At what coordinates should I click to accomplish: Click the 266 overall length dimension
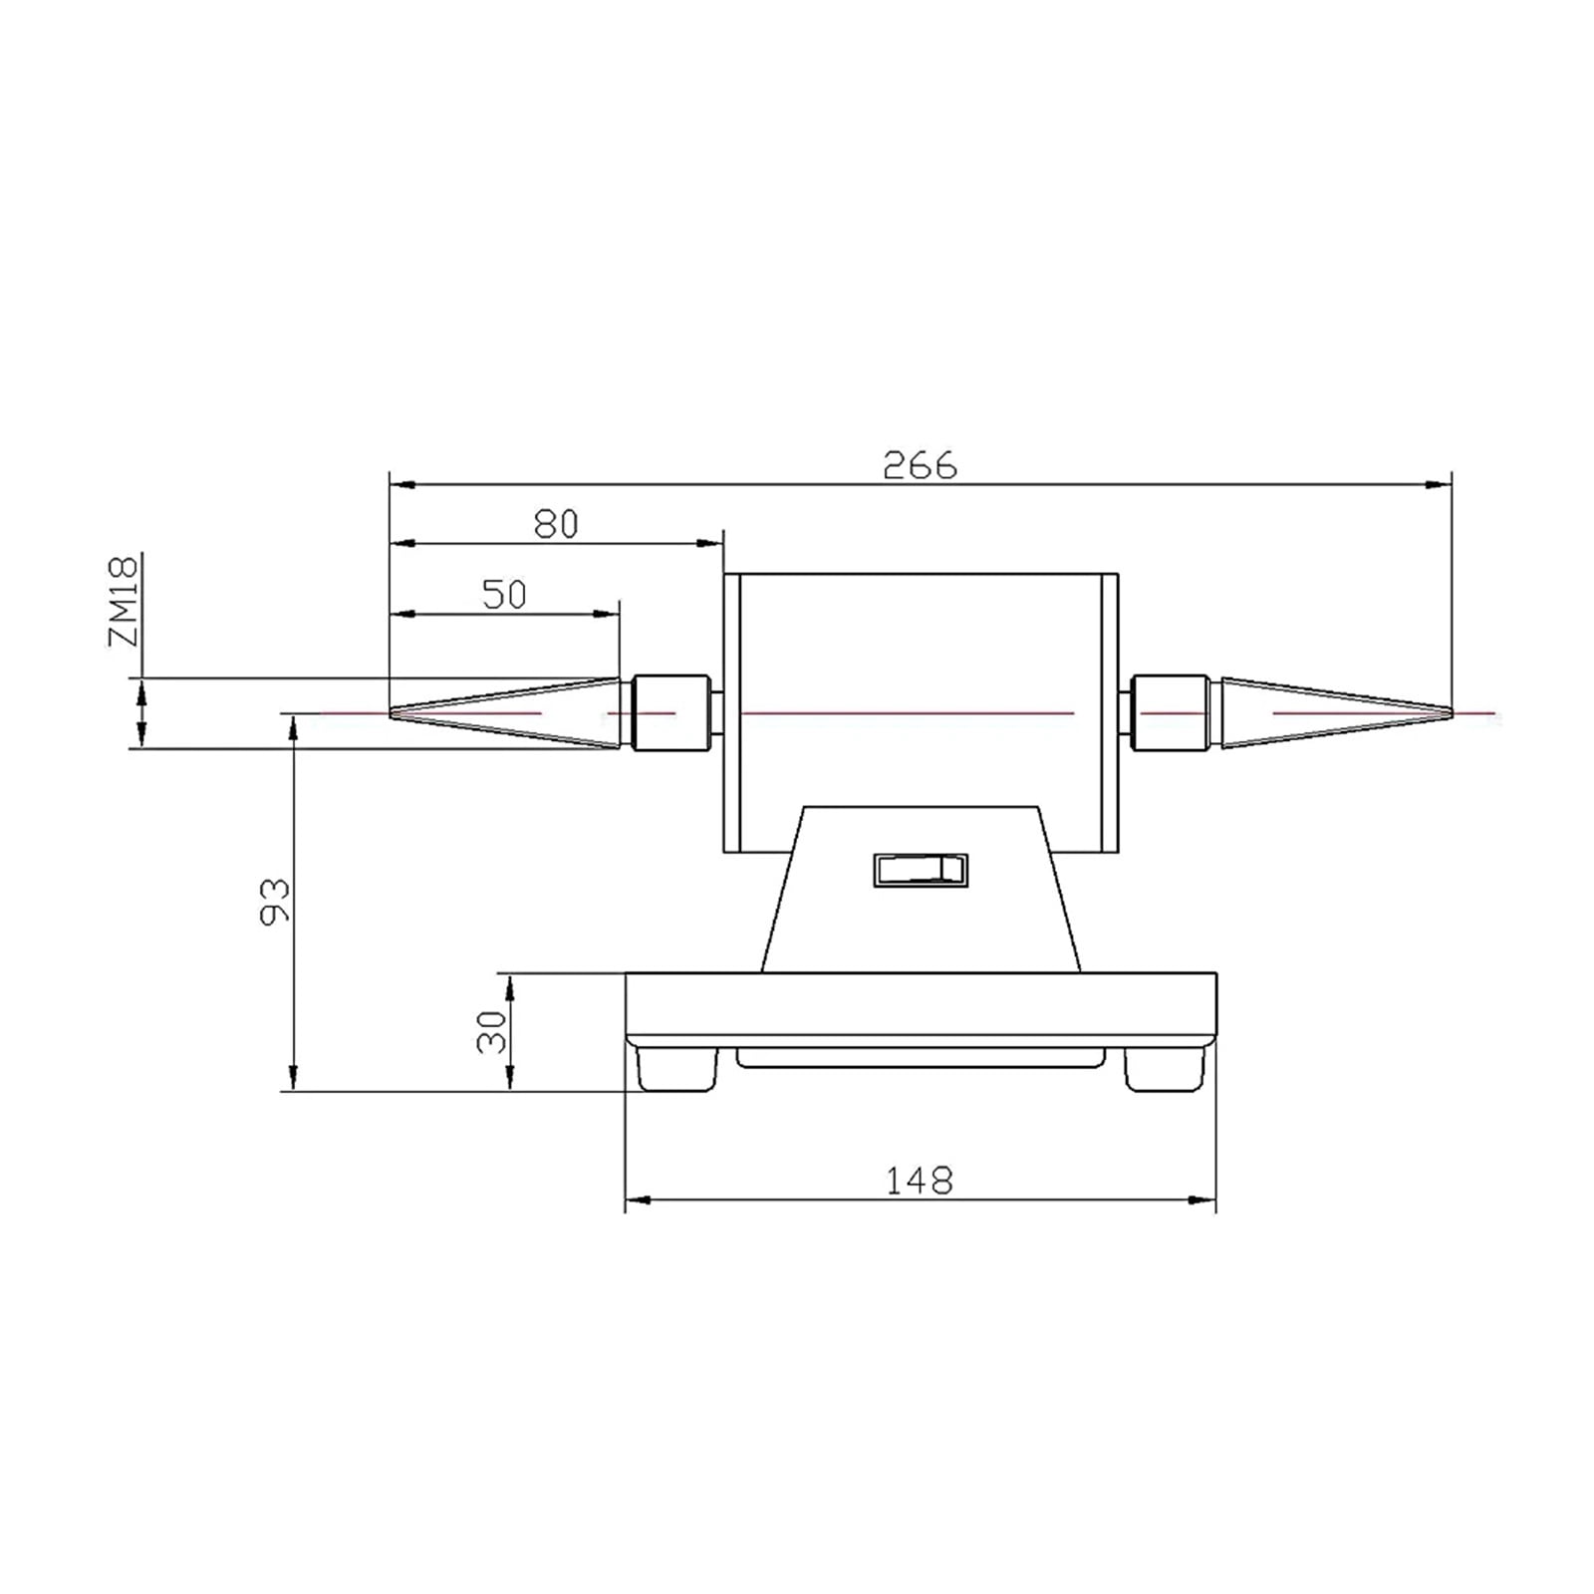(x=920, y=465)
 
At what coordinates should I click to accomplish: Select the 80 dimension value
(x=556, y=524)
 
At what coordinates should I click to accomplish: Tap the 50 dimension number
(x=504, y=595)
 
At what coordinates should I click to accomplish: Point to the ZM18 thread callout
(x=124, y=601)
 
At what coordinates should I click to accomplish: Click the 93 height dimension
(x=275, y=901)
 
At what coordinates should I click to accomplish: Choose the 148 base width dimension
(x=920, y=1181)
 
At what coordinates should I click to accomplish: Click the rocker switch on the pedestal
(x=920, y=870)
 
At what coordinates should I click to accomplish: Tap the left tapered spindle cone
(x=505, y=713)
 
